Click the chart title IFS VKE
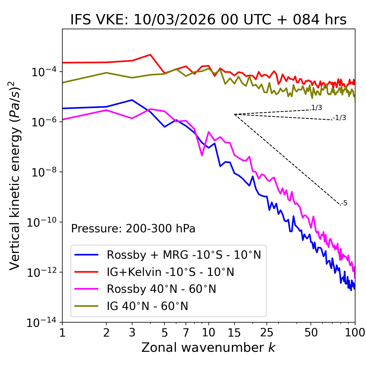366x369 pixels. click(x=208, y=20)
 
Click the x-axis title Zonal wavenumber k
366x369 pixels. click(x=208, y=348)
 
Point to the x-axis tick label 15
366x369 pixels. click(x=234, y=332)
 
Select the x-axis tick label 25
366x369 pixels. click(x=266, y=332)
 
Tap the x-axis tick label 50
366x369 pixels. click(x=311, y=332)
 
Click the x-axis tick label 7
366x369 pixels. click(x=186, y=332)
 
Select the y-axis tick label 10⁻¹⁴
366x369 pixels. click(x=40, y=323)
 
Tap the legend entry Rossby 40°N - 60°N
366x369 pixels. click(x=161, y=289)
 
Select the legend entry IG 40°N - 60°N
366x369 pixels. click(x=147, y=306)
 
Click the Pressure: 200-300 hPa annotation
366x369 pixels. click(x=133, y=229)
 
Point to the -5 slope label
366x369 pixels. click(x=344, y=203)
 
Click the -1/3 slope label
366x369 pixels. click(x=340, y=117)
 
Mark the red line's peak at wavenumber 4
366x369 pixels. click(x=150, y=54)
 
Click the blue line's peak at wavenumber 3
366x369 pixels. click(x=132, y=100)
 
